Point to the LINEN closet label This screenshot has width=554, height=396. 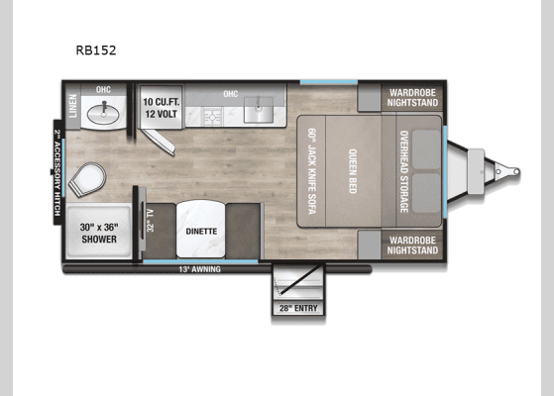pos(72,106)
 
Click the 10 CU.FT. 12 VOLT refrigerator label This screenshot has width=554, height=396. pos(159,108)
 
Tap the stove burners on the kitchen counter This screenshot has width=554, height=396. pos(212,117)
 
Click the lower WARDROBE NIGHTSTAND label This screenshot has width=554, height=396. pos(412,245)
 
